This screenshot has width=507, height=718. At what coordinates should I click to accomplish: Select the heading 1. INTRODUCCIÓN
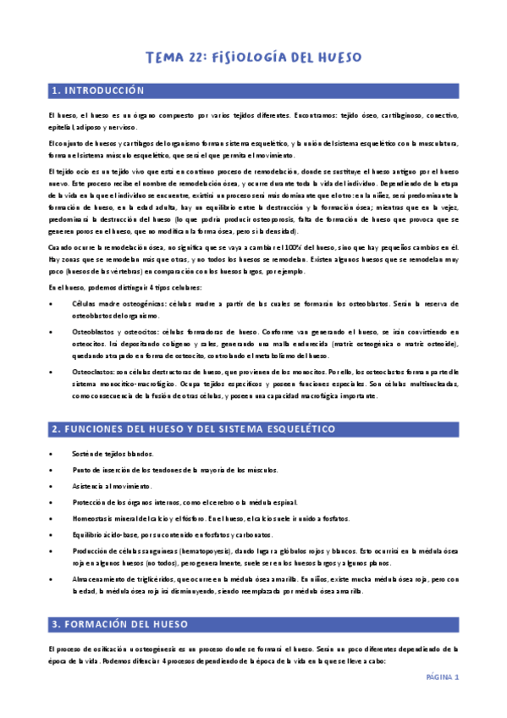97,91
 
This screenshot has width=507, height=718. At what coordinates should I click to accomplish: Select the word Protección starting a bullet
94,502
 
